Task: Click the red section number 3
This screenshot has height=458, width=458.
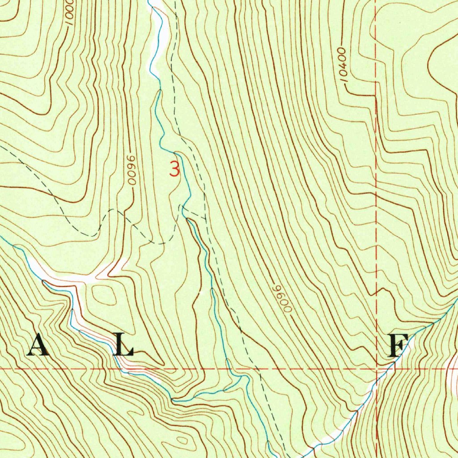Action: pyautogui.click(x=174, y=169)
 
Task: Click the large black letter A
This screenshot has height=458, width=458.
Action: pyautogui.click(x=38, y=346)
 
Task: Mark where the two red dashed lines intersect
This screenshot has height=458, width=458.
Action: pyautogui.click(x=376, y=369)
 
